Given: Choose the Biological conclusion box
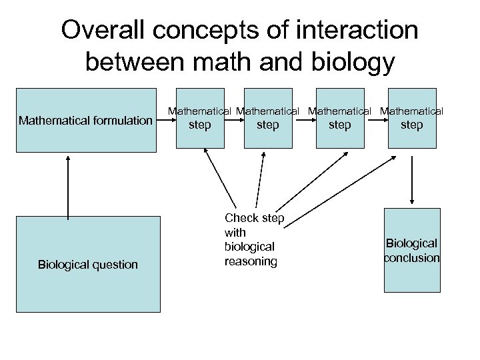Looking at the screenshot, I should (412, 251).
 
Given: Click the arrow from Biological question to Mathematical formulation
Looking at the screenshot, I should (67, 187).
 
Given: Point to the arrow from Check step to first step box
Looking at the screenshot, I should (220, 177).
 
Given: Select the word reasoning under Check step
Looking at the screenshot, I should (251, 261).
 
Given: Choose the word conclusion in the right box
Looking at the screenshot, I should (412, 258).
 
